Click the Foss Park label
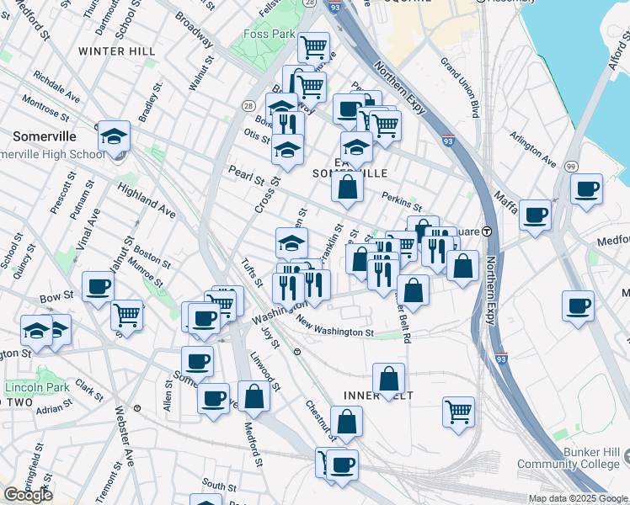pos(268,35)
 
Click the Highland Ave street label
pos(147,201)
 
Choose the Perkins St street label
pos(401,200)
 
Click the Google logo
pos(28,495)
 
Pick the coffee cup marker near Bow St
pos(98,285)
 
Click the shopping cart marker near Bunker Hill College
pos(458,411)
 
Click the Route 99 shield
pos(570,167)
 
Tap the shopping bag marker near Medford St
pos(254,395)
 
